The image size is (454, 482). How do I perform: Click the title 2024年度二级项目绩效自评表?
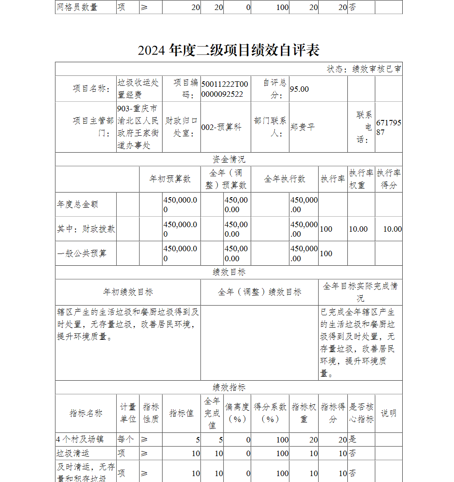[228, 50]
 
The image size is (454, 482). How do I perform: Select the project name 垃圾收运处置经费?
[138, 89]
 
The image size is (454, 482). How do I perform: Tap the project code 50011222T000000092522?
[225, 89]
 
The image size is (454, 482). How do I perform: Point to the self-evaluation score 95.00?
[299, 89]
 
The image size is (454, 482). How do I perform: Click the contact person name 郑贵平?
[302, 127]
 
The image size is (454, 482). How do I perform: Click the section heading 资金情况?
[229, 159]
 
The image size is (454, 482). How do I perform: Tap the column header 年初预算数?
[170, 179]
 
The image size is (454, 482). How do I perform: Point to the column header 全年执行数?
[285, 179]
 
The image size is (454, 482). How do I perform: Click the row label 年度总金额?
[78, 204]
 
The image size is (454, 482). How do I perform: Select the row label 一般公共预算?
[82, 253]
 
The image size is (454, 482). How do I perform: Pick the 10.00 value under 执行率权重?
[358, 229]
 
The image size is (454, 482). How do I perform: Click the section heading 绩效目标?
[229, 272]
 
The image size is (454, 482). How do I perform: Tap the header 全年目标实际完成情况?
[360, 292]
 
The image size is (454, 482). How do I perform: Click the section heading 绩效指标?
[229, 388]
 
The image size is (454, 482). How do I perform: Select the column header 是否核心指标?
[361, 413]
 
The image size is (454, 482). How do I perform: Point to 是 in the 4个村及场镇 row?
[352, 439]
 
